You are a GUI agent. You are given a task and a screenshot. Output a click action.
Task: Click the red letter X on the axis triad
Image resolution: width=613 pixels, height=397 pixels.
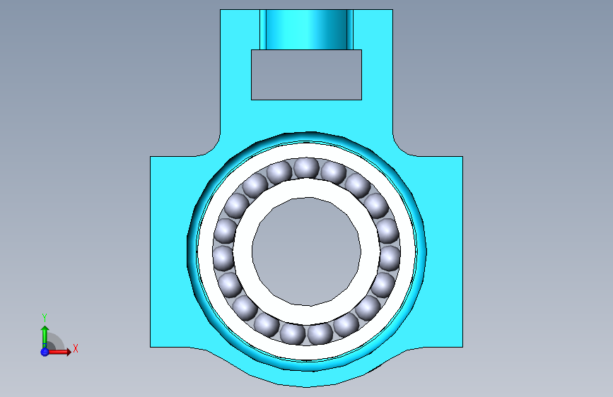point(75,348)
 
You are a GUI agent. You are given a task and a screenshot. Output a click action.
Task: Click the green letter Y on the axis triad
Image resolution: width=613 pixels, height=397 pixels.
point(45,317)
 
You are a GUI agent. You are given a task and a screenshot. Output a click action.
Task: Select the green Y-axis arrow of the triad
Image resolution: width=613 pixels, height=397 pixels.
point(45,335)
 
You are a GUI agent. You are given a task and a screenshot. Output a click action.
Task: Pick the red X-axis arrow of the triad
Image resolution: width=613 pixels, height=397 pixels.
point(61,351)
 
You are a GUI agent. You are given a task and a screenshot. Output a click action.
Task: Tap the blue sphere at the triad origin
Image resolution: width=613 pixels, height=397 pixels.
point(45,351)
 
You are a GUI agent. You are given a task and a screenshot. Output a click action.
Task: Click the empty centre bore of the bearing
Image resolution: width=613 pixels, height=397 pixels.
point(306,251)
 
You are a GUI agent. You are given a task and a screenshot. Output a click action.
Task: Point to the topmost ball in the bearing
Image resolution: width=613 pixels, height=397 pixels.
point(306,168)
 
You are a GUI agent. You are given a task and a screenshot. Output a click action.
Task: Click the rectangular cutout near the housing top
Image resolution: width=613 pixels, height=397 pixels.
point(306,74)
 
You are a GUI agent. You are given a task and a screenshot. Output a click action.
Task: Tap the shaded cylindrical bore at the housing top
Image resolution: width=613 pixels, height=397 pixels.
point(306,29)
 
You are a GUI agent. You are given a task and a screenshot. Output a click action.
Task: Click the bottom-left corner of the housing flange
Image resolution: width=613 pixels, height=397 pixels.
point(151,346)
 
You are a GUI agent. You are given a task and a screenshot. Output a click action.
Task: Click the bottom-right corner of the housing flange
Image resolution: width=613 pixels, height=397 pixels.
point(462,346)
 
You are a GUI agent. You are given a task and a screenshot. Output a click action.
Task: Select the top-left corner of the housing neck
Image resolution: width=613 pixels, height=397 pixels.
point(221,11)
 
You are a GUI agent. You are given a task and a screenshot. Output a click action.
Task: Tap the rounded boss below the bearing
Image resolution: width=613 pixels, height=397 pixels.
point(306,378)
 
